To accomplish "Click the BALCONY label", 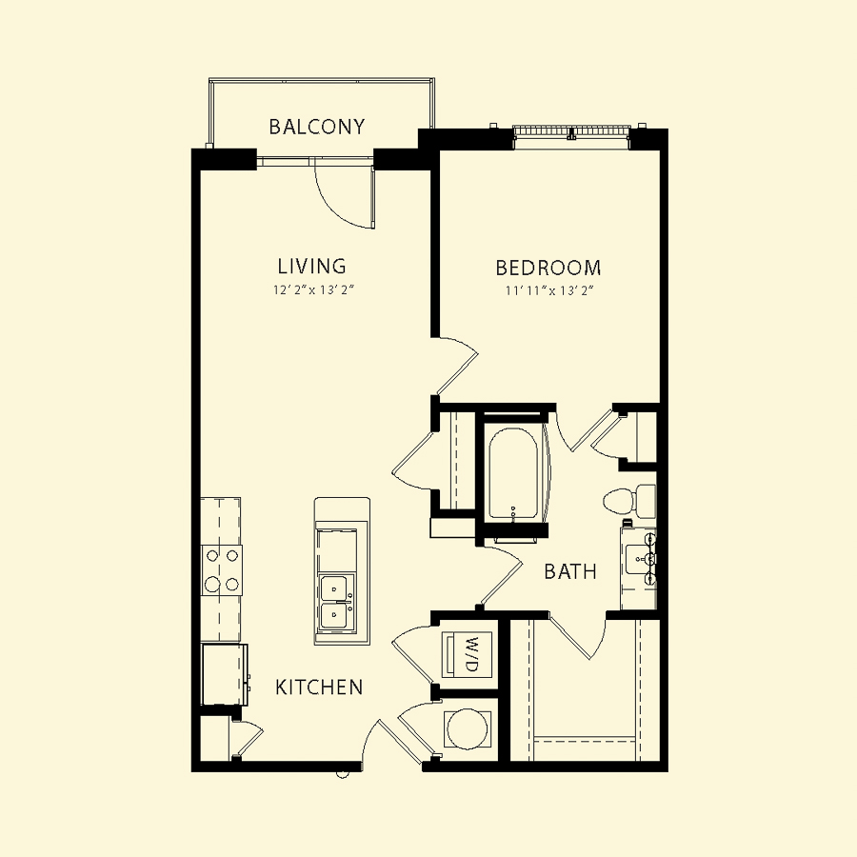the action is (316, 127).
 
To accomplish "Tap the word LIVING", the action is (312, 267).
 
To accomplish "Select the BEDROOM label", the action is (548, 268).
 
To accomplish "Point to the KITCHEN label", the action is (319, 687).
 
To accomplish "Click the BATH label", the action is (570, 571).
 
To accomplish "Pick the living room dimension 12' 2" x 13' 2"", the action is (314, 289).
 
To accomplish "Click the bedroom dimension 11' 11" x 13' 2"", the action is (549, 290).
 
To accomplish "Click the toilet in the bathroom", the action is (629, 500).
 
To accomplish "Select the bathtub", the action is (513, 473).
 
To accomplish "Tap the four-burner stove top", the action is (221, 570).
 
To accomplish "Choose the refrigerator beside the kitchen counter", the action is (225, 674).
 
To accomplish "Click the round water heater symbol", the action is (467, 728).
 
